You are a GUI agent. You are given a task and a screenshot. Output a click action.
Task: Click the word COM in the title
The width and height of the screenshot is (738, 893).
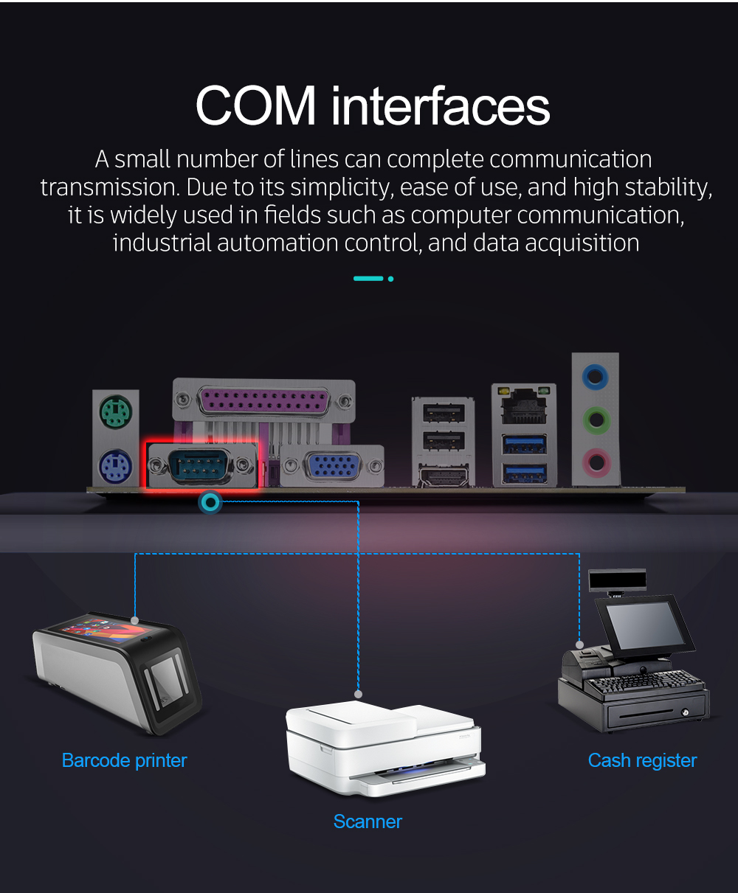[255, 105]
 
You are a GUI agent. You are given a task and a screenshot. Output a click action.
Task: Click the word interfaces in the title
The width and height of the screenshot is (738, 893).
[441, 105]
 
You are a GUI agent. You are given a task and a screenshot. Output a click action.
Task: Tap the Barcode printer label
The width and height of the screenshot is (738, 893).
[124, 760]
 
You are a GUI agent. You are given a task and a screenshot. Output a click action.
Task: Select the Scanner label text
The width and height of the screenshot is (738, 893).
[368, 821]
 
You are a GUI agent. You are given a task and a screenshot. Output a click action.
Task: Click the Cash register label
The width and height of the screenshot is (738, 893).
[642, 760]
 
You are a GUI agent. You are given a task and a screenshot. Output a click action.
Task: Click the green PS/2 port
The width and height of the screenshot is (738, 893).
[116, 410]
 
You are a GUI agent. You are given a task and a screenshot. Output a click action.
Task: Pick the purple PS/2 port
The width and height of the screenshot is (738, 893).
[115, 467]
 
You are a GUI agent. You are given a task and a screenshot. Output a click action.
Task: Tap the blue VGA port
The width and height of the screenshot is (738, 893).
[332, 466]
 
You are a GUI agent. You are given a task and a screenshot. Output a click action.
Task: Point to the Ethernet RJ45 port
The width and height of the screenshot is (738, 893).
[523, 405]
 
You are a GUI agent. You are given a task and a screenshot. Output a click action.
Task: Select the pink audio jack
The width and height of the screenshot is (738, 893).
[595, 463]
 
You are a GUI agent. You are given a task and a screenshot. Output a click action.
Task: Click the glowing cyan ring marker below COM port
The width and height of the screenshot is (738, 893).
[210, 503]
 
